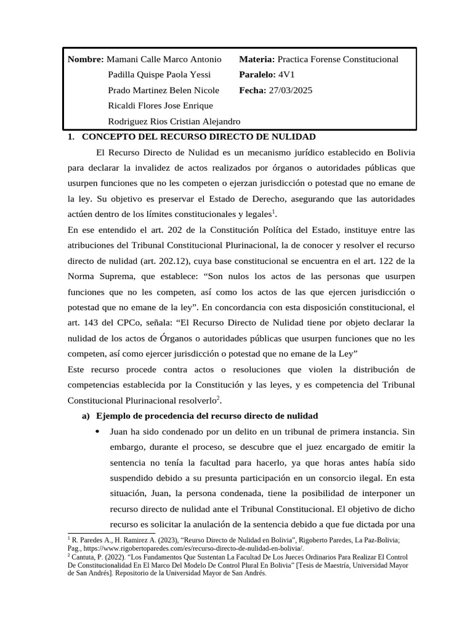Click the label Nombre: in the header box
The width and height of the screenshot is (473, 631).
[x=86, y=60]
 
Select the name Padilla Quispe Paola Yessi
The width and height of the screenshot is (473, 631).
[x=159, y=75]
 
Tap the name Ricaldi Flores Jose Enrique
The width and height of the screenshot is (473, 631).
[x=160, y=106]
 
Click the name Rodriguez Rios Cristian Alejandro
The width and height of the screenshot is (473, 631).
[x=174, y=121]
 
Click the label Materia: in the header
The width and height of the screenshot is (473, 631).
[x=257, y=60]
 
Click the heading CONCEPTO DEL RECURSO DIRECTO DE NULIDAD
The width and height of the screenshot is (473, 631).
[x=199, y=136]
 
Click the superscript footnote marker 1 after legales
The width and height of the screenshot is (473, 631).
[x=273, y=211]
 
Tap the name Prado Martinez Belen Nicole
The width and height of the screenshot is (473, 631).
[x=163, y=91]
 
